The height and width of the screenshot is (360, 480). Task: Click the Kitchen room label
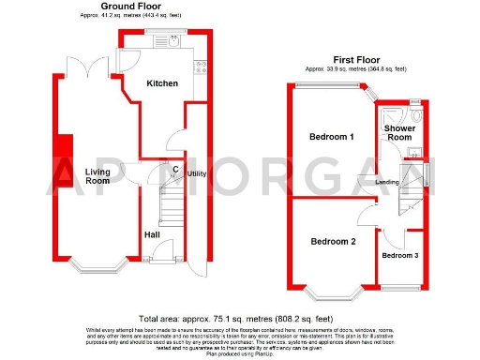161,83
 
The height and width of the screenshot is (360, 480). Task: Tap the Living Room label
97,176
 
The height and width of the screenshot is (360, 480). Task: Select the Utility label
197,174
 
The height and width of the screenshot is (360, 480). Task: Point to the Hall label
151,234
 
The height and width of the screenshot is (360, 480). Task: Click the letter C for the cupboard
176,169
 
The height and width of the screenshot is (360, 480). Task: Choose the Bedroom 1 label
332,137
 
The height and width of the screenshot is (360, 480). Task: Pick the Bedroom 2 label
333,242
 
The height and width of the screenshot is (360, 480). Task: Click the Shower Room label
399,133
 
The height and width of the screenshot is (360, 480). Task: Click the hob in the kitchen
200,65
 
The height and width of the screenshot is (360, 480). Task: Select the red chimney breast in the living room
64,147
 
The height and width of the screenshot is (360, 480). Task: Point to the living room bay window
97,265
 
